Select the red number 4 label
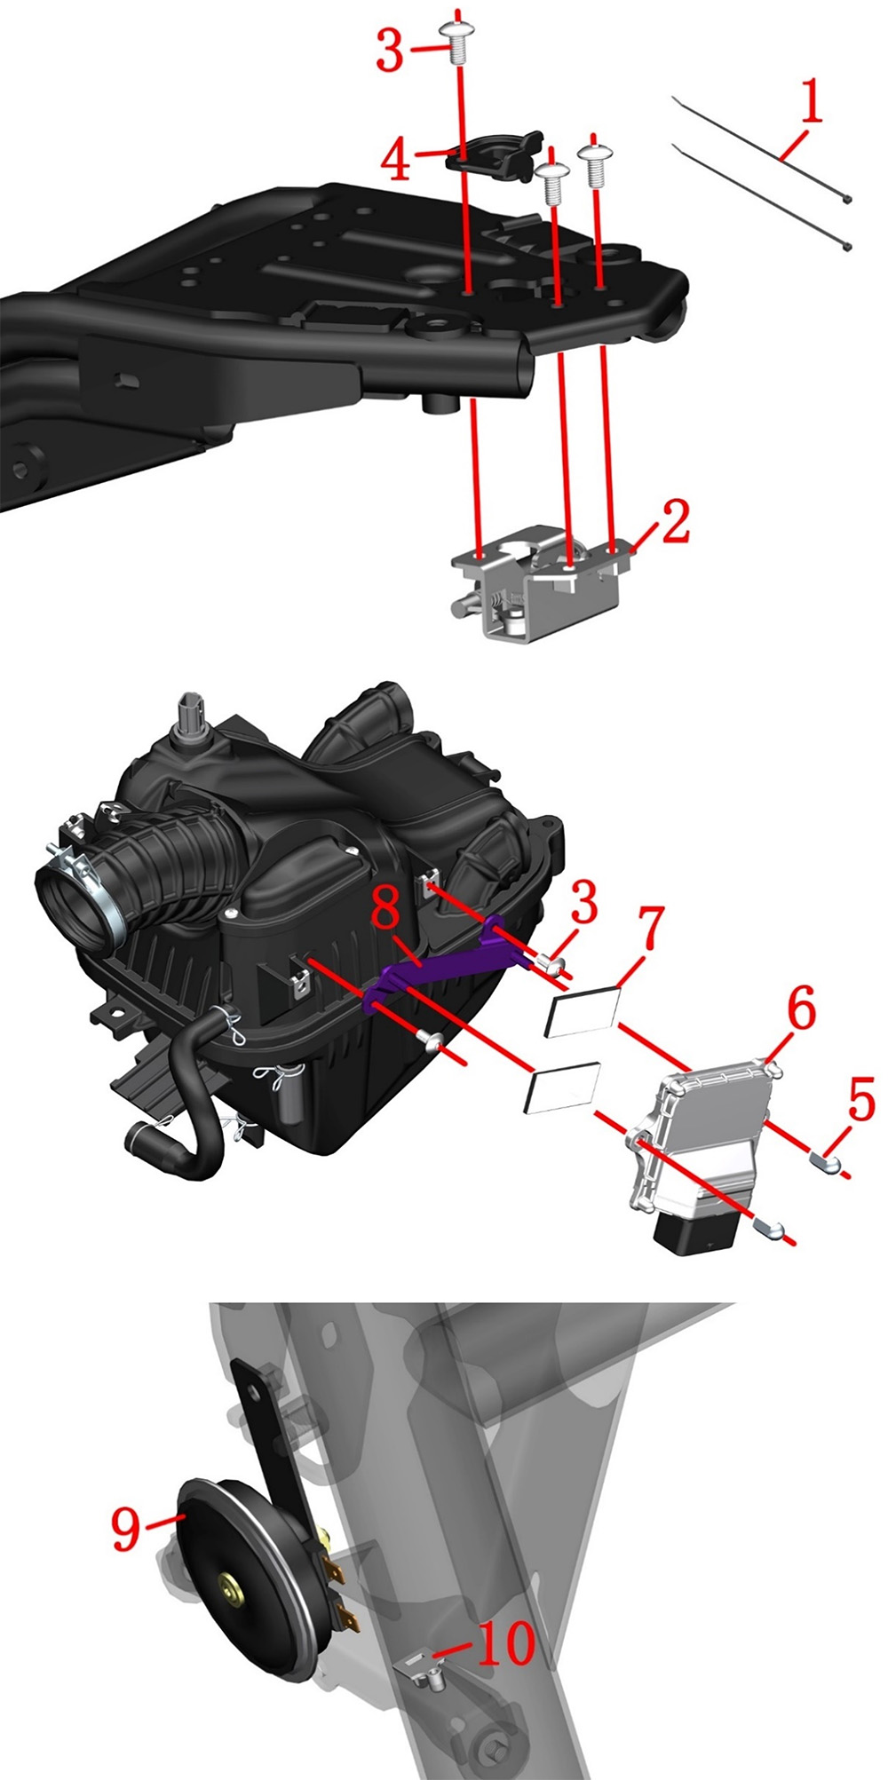pos(396,160)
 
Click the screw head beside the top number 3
pos(456,40)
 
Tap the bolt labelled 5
pos(825,1159)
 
